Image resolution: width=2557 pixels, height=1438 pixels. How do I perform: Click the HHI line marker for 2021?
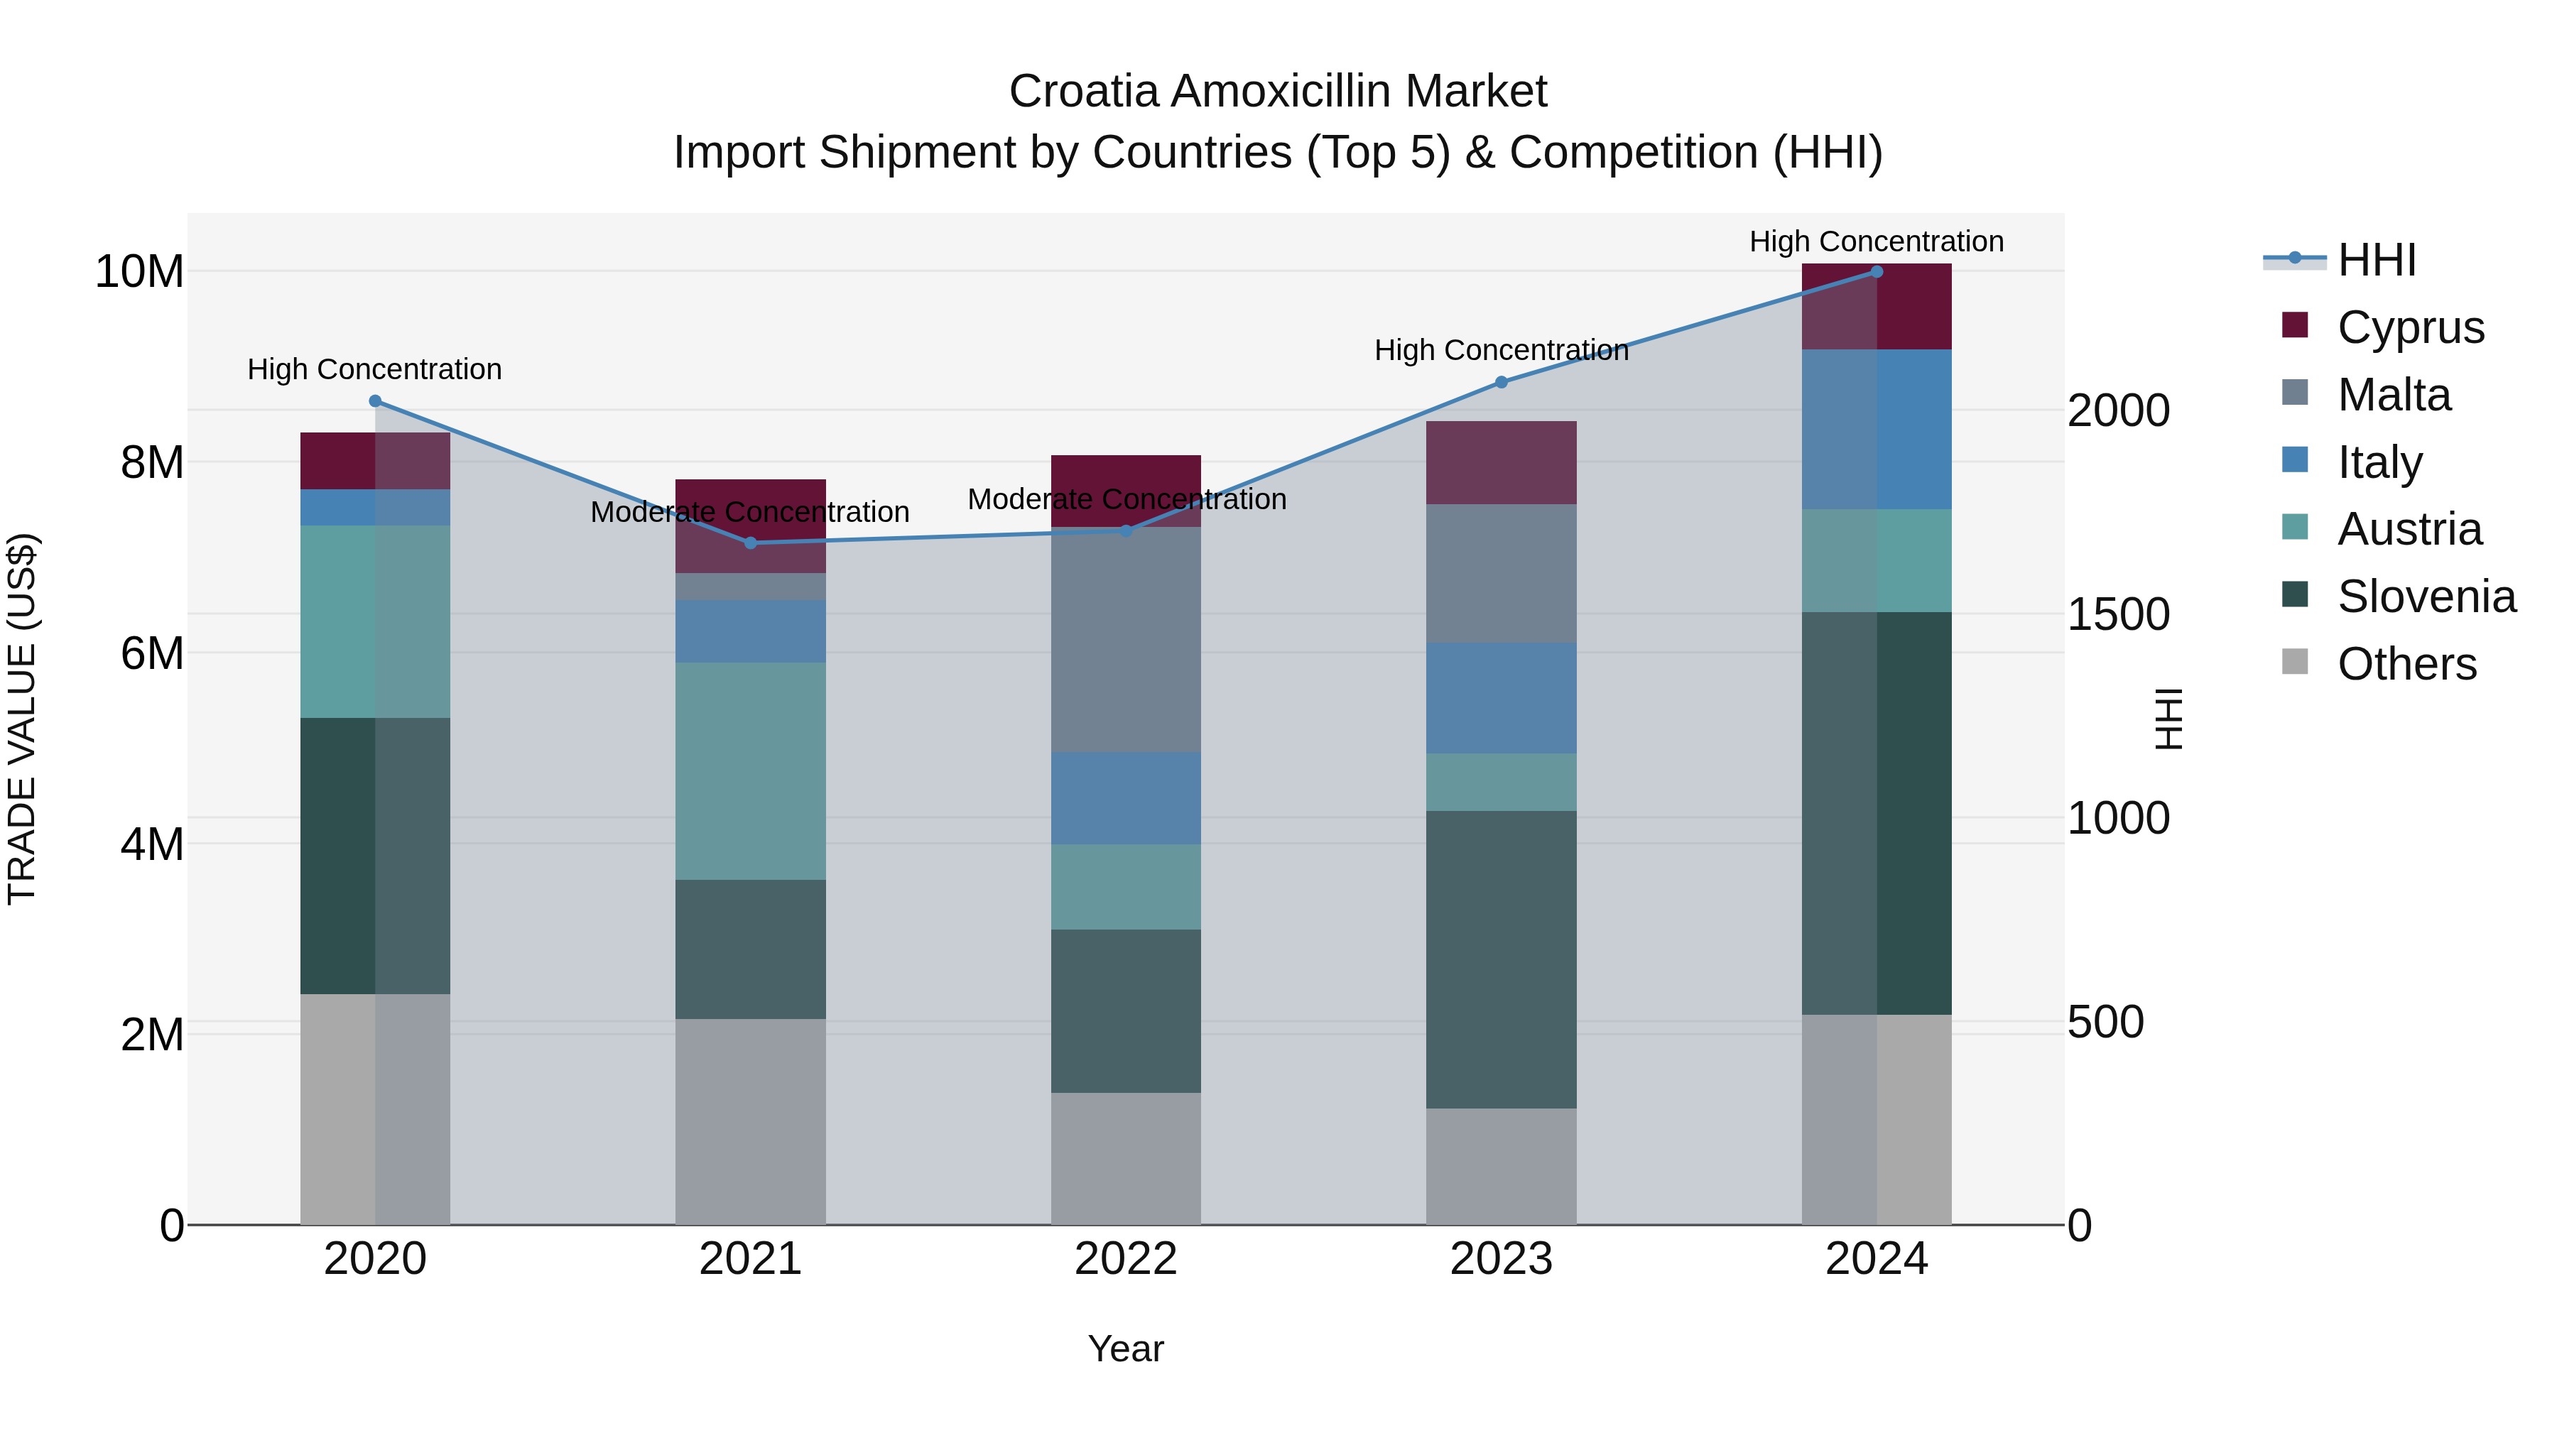click(x=751, y=543)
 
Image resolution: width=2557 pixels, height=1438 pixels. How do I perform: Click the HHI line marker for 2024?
click(x=1876, y=272)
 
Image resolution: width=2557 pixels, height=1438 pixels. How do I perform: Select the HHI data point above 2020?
click(x=375, y=401)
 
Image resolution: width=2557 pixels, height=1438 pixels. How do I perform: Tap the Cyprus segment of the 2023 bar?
click(x=1501, y=462)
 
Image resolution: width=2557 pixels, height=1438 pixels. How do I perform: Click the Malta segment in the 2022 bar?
click(x=1126, y=640)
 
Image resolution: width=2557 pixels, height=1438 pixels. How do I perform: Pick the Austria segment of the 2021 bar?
click(x=751, y=771)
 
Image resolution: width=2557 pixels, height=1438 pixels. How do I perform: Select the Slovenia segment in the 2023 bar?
click(x=1501, y=959)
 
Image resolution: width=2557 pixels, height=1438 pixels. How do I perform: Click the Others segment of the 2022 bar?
click(x=1126, y=1158)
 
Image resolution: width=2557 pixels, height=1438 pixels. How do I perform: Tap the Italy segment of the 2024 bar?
click(x=1876, y=429)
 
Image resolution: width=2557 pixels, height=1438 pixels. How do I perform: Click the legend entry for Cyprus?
click(x=2410, y=327)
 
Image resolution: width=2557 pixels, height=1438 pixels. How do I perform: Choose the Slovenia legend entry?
click(x=2426, y=597)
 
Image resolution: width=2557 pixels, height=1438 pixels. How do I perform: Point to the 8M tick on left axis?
click(x=152, y=462)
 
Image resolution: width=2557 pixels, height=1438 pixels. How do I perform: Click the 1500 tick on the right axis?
click(x=2118, y=614)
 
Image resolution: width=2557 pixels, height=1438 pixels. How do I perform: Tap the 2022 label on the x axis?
click(x=1126, y=1259)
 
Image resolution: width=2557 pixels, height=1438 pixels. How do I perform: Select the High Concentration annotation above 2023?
click(x=1501, y=350)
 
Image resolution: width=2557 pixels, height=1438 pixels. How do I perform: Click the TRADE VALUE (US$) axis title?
click(x=22, y=719)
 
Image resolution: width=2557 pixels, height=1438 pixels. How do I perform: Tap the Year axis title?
click(x=1126, y=1349)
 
